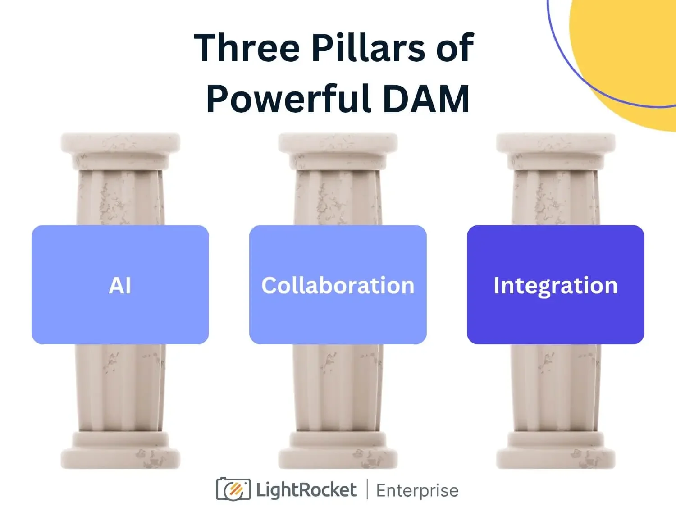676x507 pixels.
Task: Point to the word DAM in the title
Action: click(x=426, y=99)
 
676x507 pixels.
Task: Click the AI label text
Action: click(x=120, y=286)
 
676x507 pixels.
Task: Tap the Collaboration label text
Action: click(x=338, y=286)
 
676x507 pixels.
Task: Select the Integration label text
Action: click(x=555, y=286)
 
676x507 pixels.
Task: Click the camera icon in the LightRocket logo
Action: click(x=233, y=489)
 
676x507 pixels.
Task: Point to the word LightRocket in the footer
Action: click(x=306, y=490)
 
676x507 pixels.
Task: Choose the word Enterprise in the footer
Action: click(x=417, y=490)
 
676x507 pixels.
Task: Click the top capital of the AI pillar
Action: click(x=120, y=144)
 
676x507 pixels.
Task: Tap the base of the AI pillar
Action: click(x=120, y=453)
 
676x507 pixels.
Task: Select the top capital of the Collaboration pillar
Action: click(x=338, y=144)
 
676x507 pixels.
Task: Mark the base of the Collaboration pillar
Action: click(x=338, y=453)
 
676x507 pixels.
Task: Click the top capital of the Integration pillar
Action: click(x=556, y=144)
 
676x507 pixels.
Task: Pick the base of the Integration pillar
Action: click(x=556, y=453)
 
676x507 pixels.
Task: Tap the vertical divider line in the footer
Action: click(x=366, y=489)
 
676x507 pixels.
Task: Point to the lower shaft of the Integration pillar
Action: click(x=556, y=388)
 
